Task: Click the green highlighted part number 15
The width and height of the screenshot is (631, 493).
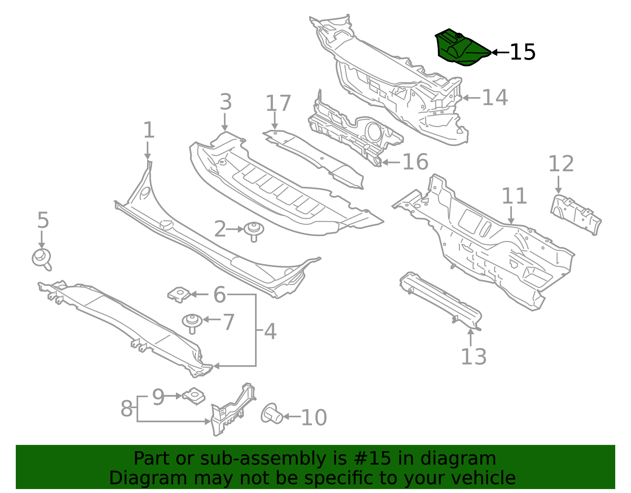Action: (x=462, y=48)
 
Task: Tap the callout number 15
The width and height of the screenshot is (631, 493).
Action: (x=523, y=52)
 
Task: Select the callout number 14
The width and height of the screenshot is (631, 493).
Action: (x=495, y=97)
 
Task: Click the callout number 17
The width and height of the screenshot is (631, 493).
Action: (x=278, y=103)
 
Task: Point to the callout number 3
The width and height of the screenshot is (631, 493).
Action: (x=226, y=102)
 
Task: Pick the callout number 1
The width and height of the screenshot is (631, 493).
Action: (x=149, y=130)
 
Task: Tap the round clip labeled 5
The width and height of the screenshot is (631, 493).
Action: (x=42, y=259)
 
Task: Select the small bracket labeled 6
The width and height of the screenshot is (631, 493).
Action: (x=179, y=295)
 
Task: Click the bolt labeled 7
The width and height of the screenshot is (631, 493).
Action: (x=192, y=323)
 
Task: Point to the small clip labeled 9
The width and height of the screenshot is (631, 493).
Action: (x=194, y=396)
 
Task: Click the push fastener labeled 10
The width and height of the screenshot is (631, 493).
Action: (x=271, y=414)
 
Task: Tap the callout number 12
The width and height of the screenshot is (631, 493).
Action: (x=561, y=164)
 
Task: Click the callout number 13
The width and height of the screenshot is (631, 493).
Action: (x=474, y=357)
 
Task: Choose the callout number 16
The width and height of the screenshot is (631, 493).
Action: (x=415, y=162)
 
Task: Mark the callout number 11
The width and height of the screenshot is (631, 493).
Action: (x=514, y=196)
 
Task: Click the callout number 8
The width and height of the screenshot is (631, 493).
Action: (x=127, y=409)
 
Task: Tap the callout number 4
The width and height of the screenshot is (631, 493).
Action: (x=270, y=332)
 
